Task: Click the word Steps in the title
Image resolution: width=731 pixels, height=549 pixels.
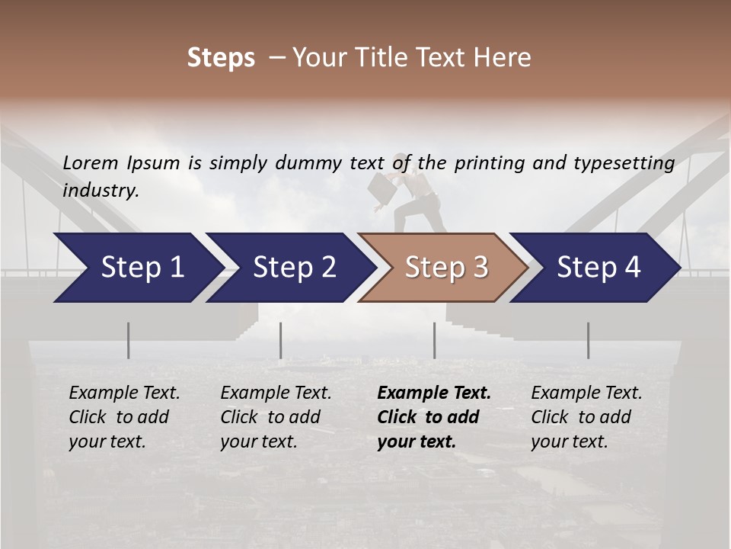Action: coord(221,58)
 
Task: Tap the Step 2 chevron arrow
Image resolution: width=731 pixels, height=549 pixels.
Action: coord(289,268)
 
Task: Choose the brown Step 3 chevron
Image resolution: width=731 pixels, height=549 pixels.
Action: coord(444,268)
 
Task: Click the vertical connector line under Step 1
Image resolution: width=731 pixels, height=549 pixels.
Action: coord(129,340)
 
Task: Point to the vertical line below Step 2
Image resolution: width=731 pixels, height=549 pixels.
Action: coord(281,340)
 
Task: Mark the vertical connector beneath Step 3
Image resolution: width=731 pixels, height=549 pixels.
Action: coord(434,340)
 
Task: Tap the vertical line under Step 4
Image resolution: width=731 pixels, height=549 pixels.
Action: coord(588,340)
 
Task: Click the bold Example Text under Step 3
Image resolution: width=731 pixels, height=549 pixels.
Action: coord(434,393)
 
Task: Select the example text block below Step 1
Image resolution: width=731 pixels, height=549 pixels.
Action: coord(124,417)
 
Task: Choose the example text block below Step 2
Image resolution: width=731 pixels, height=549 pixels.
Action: coord(276,417)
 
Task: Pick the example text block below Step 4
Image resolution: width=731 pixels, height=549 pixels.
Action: coord(586,417)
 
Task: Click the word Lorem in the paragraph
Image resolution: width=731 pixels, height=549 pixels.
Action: coord(91,162)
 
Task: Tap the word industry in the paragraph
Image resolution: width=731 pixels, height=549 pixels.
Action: coord(101,191)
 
